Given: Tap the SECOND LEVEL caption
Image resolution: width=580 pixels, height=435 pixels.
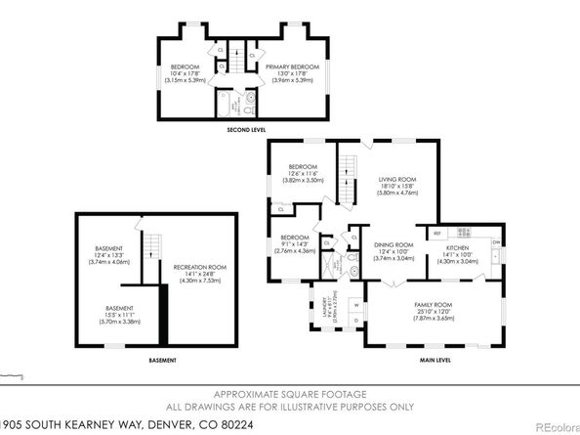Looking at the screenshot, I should [x=249, y=128].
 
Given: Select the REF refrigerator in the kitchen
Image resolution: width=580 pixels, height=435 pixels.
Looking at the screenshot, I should [x=438, y=233].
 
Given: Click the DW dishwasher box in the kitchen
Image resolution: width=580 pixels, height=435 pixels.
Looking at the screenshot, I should [x=496, y=241].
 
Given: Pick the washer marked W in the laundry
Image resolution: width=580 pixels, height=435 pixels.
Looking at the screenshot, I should [x=355, y=305].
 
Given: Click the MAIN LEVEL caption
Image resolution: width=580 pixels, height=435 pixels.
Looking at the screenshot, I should [x=435, y=360].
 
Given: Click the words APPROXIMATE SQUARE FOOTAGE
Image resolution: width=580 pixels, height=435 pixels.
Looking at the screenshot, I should [x=290, y=395].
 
